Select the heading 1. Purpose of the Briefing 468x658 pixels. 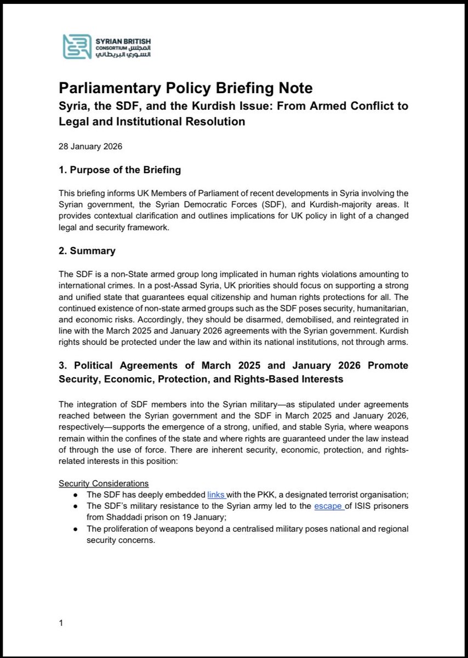pos(119,170)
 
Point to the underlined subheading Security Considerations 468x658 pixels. pos(104,484)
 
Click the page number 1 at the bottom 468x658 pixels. pos(61,623)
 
